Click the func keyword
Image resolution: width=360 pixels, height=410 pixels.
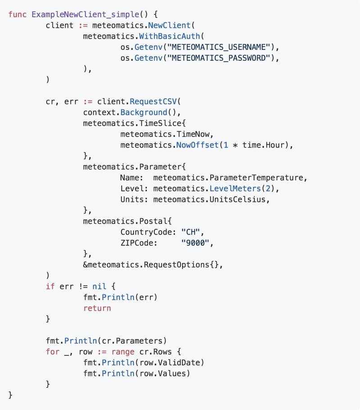pyautogui.click(x=17, y=14)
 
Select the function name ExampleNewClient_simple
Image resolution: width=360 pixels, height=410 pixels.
pyautogui.click(x=85, y=14)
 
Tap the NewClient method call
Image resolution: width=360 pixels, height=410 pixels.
pyautogui.click(x=169, y=25)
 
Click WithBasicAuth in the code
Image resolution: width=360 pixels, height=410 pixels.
pyautogui.click(x=169, y=36)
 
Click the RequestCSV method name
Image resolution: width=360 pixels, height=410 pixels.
pyautogui.click(x=153, y=101)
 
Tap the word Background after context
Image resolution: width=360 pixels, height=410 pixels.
pyautogui.click(x=144, y=113)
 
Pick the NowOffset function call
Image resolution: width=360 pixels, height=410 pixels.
pyautogui.click(x=197, y=145)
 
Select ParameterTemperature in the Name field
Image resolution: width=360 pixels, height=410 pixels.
pyautogui.click(x=256, y=178)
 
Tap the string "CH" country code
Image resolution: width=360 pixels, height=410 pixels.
pyautogui.click(x=190, y=232)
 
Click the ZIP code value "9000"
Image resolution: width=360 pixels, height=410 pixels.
pyautogui.click(x=195, y=243)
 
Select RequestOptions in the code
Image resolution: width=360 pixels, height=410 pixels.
pyautogui.click(x=176, y=265)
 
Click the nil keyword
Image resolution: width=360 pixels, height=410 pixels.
pyautogui.click(x=99, y=286)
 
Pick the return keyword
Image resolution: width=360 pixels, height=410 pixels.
pyautogui.click(x=97, y=308)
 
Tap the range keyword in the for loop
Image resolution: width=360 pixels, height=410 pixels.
pyautogui.click(x=123, y=352)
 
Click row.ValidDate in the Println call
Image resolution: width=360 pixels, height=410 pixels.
pyautogui.click(x=170, y=363)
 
